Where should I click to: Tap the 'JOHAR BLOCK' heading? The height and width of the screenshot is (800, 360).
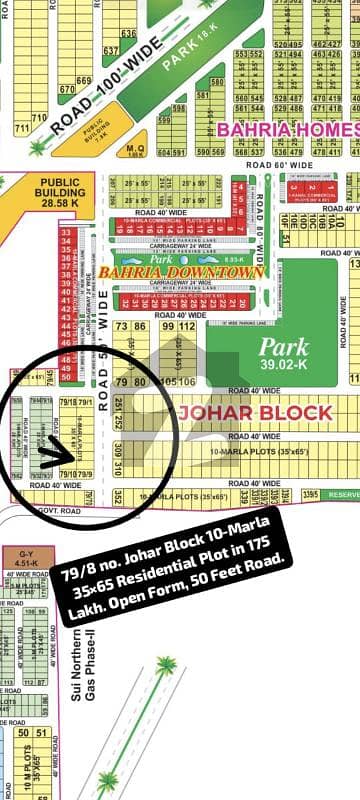point(254,413)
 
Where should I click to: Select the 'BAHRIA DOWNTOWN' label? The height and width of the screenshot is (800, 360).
point(181,271)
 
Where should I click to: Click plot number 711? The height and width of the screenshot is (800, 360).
point(38,118)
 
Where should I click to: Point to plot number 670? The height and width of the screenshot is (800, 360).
point(67,88)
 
